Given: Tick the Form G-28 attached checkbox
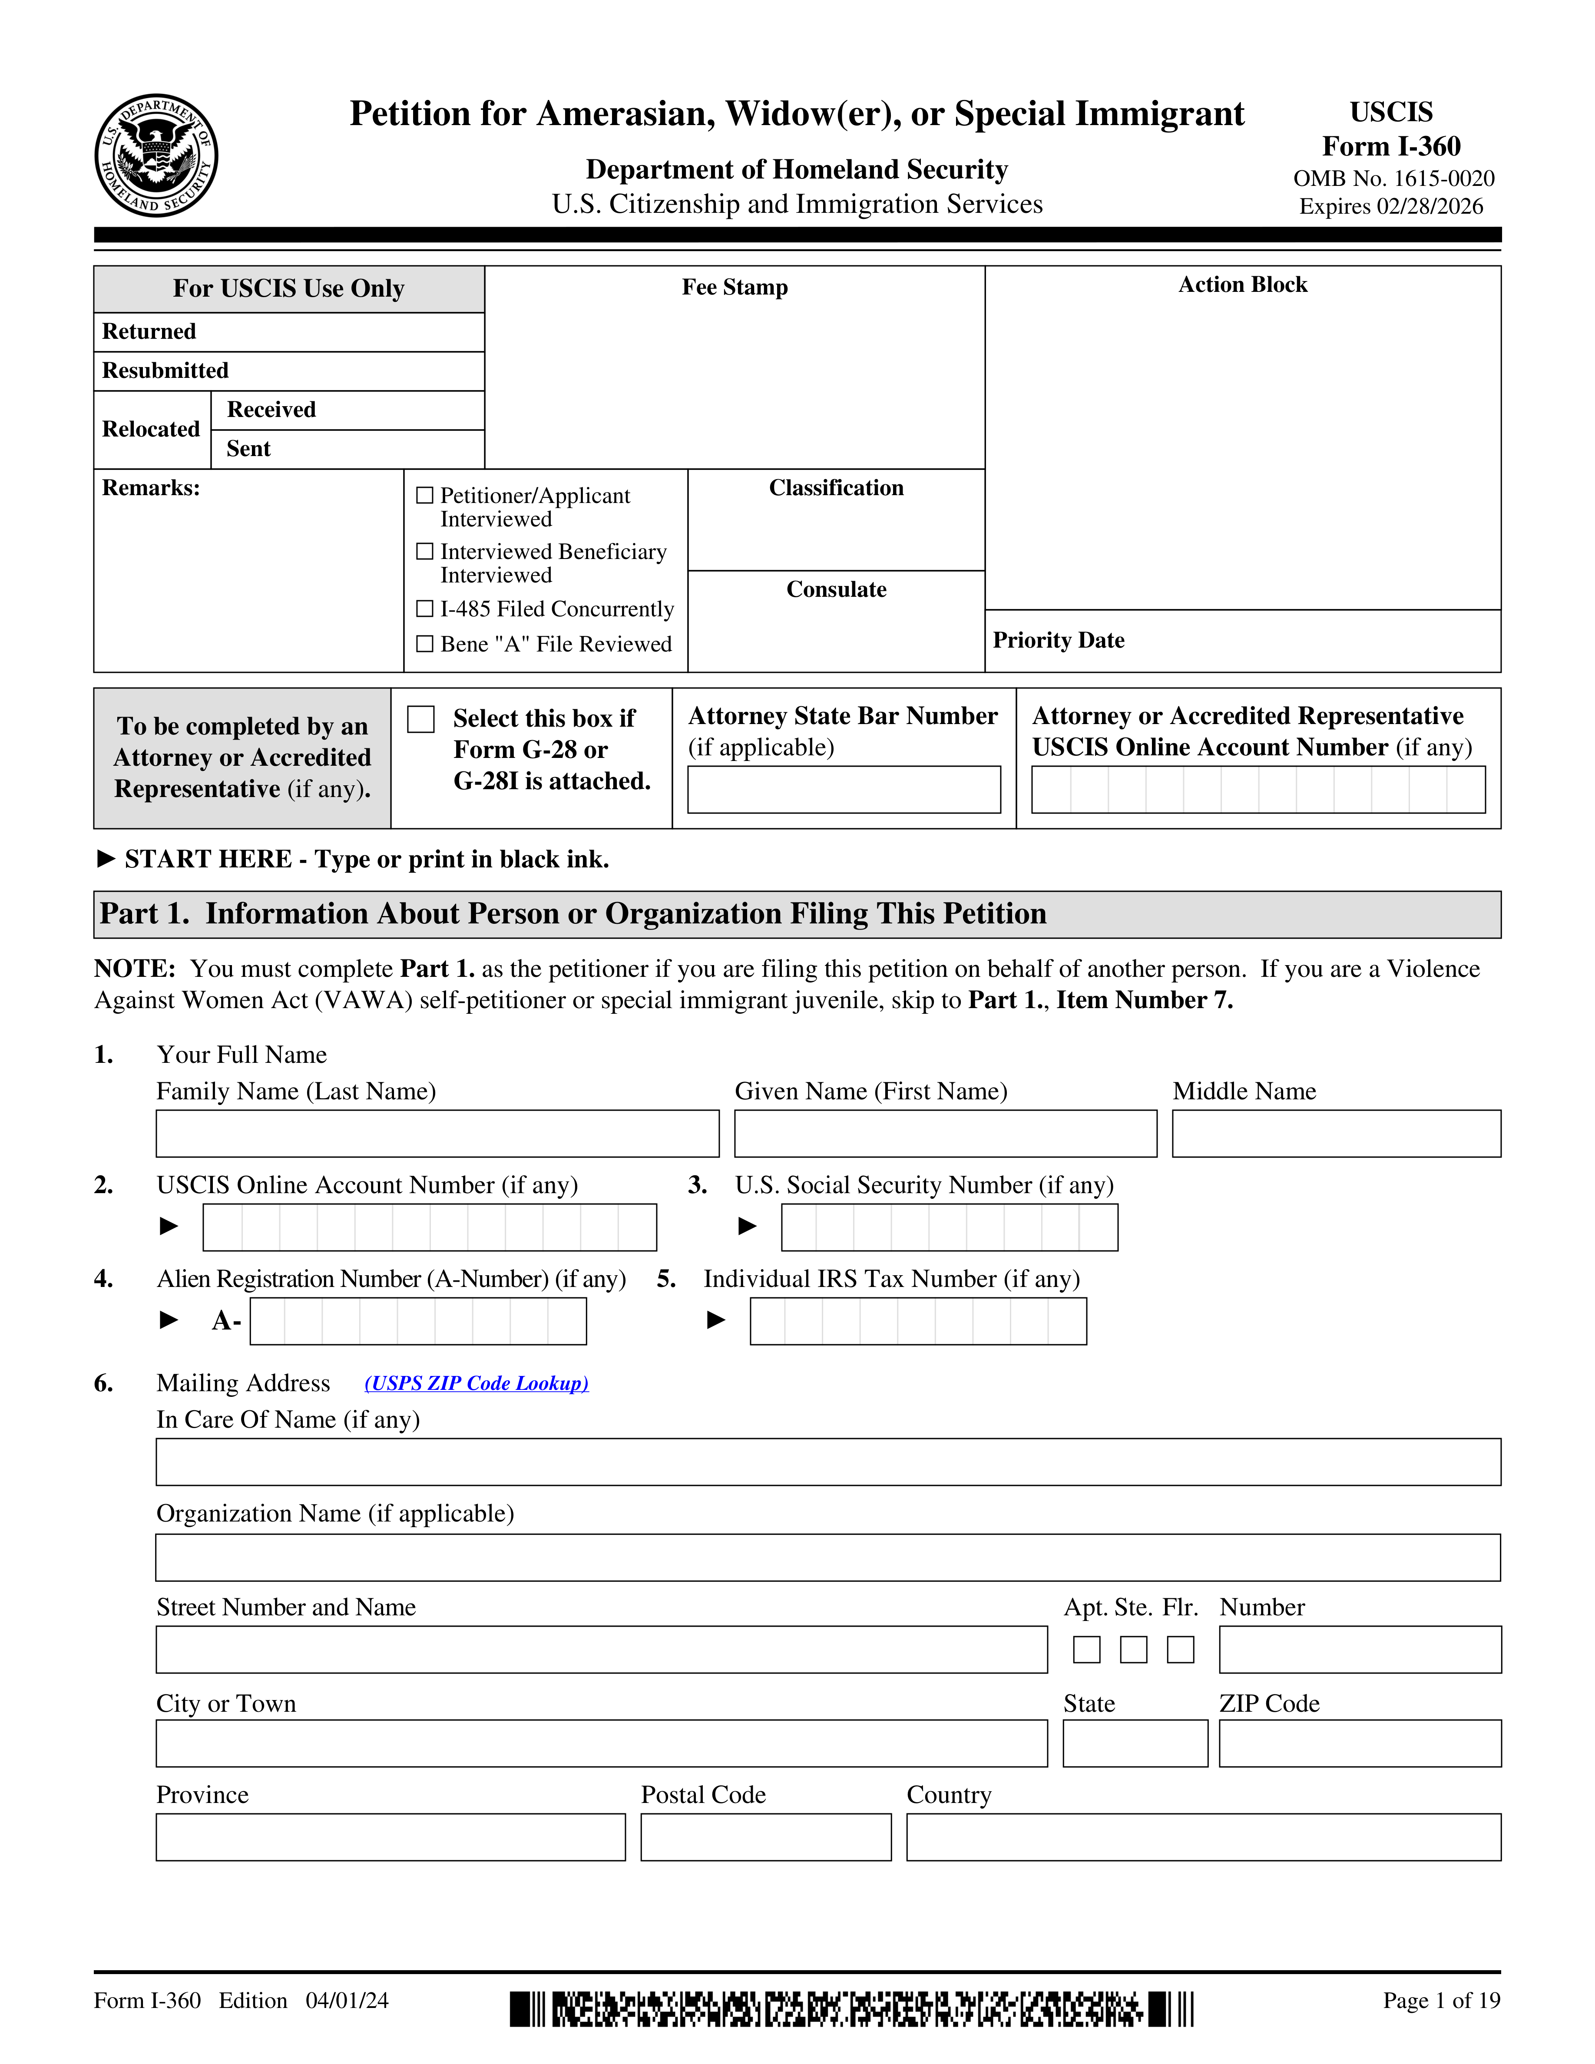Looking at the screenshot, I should (x=420, y=719).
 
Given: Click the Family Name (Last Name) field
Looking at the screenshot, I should (x=437, y=1133).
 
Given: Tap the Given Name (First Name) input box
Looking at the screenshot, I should (x=945, y=1133).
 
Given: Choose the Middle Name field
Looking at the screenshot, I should (x=1336, y=1133).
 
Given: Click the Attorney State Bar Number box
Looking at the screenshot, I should (x=844, y=789).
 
